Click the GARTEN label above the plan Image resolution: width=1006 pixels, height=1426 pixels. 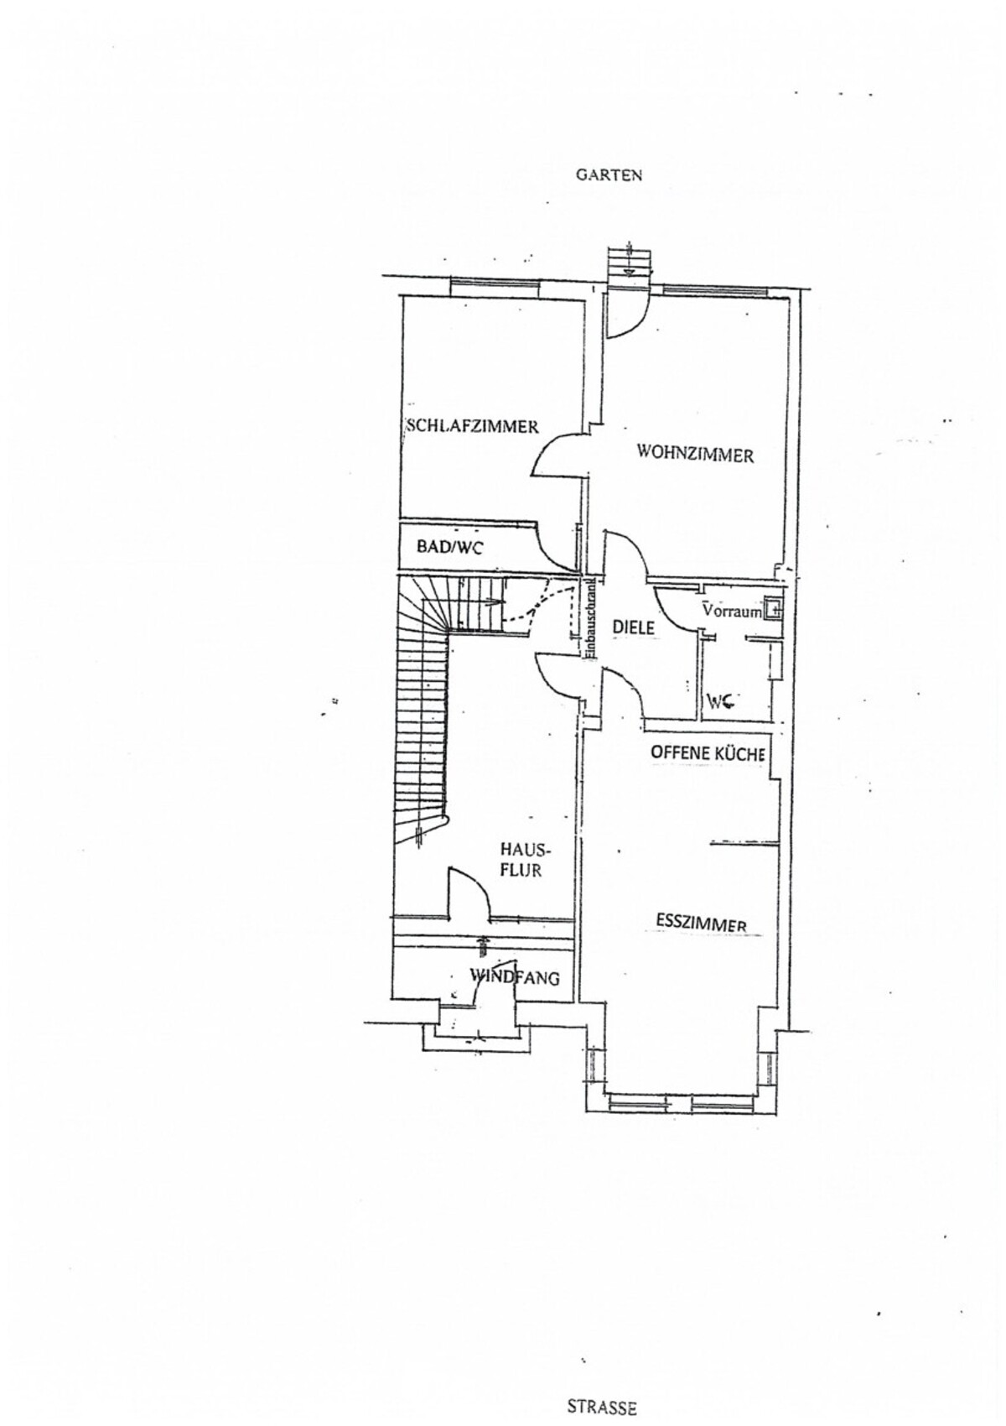609,175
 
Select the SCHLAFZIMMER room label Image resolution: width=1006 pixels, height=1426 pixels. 472,425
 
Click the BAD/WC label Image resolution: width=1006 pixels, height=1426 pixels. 449,547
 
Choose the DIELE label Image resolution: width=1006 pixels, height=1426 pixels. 633,627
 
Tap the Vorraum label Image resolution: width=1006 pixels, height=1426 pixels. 733,611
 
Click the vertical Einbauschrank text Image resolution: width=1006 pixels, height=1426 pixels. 589,617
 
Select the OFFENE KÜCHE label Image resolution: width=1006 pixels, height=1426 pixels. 707,753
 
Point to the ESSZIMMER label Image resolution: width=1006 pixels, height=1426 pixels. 701,924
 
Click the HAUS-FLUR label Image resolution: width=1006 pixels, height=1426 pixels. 524,860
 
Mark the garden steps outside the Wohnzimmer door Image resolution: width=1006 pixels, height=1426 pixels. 630,261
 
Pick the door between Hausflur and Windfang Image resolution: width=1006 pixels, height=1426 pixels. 469,893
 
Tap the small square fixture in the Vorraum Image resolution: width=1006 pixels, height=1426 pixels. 774,608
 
